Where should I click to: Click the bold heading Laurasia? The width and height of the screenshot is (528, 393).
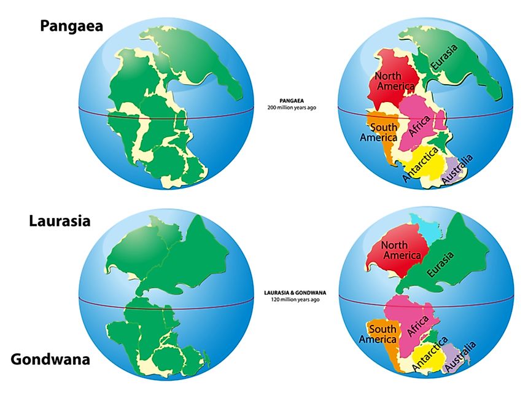(60, 220)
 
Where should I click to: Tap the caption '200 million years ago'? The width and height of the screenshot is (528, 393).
(292, 107)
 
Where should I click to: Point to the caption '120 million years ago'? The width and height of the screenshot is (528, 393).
(292, 300)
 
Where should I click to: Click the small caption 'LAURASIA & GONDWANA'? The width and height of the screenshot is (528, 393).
(292, 293)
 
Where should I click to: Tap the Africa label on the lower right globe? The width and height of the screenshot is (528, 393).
(419, 322)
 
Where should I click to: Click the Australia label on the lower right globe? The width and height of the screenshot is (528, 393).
(460, 358)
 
